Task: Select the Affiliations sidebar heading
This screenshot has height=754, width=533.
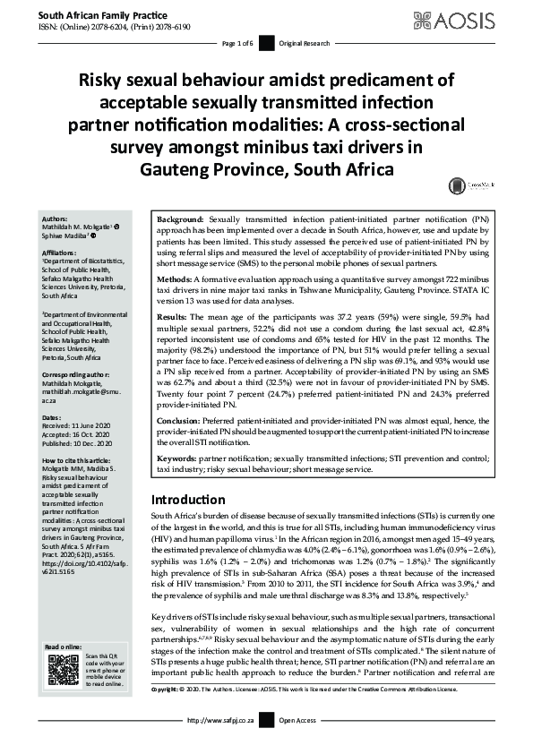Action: [60, 253]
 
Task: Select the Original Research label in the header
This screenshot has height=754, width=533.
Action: [303, 43]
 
